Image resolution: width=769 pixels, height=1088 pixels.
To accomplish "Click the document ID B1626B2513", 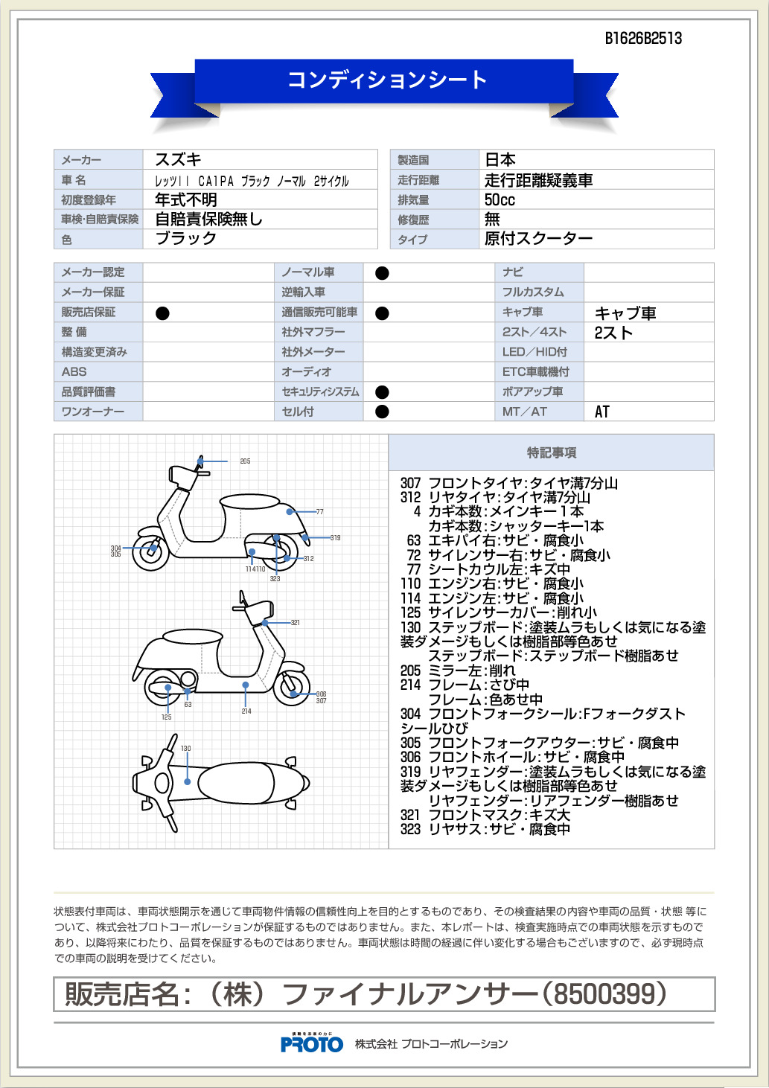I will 643,39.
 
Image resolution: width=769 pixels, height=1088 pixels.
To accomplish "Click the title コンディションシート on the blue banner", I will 387,80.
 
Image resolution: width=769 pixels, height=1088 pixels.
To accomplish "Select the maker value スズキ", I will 178,159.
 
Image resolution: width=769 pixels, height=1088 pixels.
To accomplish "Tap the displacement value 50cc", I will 500,199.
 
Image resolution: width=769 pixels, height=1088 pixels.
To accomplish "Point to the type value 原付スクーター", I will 538,239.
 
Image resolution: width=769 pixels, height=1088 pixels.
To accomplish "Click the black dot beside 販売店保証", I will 162,313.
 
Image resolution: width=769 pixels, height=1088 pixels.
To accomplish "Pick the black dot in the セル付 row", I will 382,412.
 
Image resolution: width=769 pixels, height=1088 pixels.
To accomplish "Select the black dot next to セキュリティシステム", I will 382,392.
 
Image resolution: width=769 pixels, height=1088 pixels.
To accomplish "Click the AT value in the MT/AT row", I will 602,412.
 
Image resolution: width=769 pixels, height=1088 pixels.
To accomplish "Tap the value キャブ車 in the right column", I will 625,313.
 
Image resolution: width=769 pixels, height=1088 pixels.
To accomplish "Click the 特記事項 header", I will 552,452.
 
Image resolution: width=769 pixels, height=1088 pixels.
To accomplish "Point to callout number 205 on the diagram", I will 245,461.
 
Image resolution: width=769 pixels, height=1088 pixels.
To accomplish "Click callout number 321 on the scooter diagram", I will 296,622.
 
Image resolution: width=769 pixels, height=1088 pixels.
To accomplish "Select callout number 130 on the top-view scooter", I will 185,749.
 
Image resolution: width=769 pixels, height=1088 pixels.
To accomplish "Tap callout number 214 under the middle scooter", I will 246,711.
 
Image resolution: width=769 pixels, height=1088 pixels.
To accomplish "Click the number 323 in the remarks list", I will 410,829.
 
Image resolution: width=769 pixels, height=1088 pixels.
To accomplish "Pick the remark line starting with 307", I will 509,483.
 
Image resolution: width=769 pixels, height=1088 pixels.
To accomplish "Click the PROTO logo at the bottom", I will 312,1044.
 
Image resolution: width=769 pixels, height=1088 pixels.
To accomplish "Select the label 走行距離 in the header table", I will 418,180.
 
